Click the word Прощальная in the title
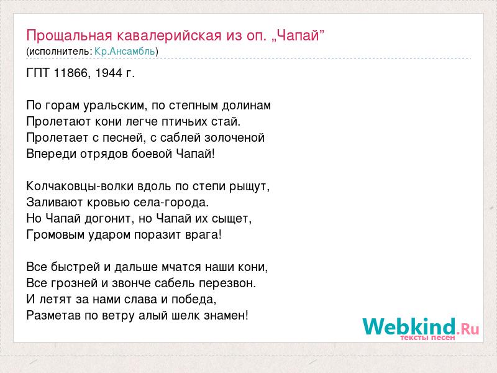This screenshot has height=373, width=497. [69, 35]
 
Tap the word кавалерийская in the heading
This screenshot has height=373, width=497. [169, 35]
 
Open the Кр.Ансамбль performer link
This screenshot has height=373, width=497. [125, 52]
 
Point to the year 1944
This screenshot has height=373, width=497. [108, 73]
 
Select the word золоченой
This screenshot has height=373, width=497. [235, 138]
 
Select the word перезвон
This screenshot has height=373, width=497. [227, 283]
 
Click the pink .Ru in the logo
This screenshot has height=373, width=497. [468, 329]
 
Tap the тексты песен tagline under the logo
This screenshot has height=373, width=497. [427, 338]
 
